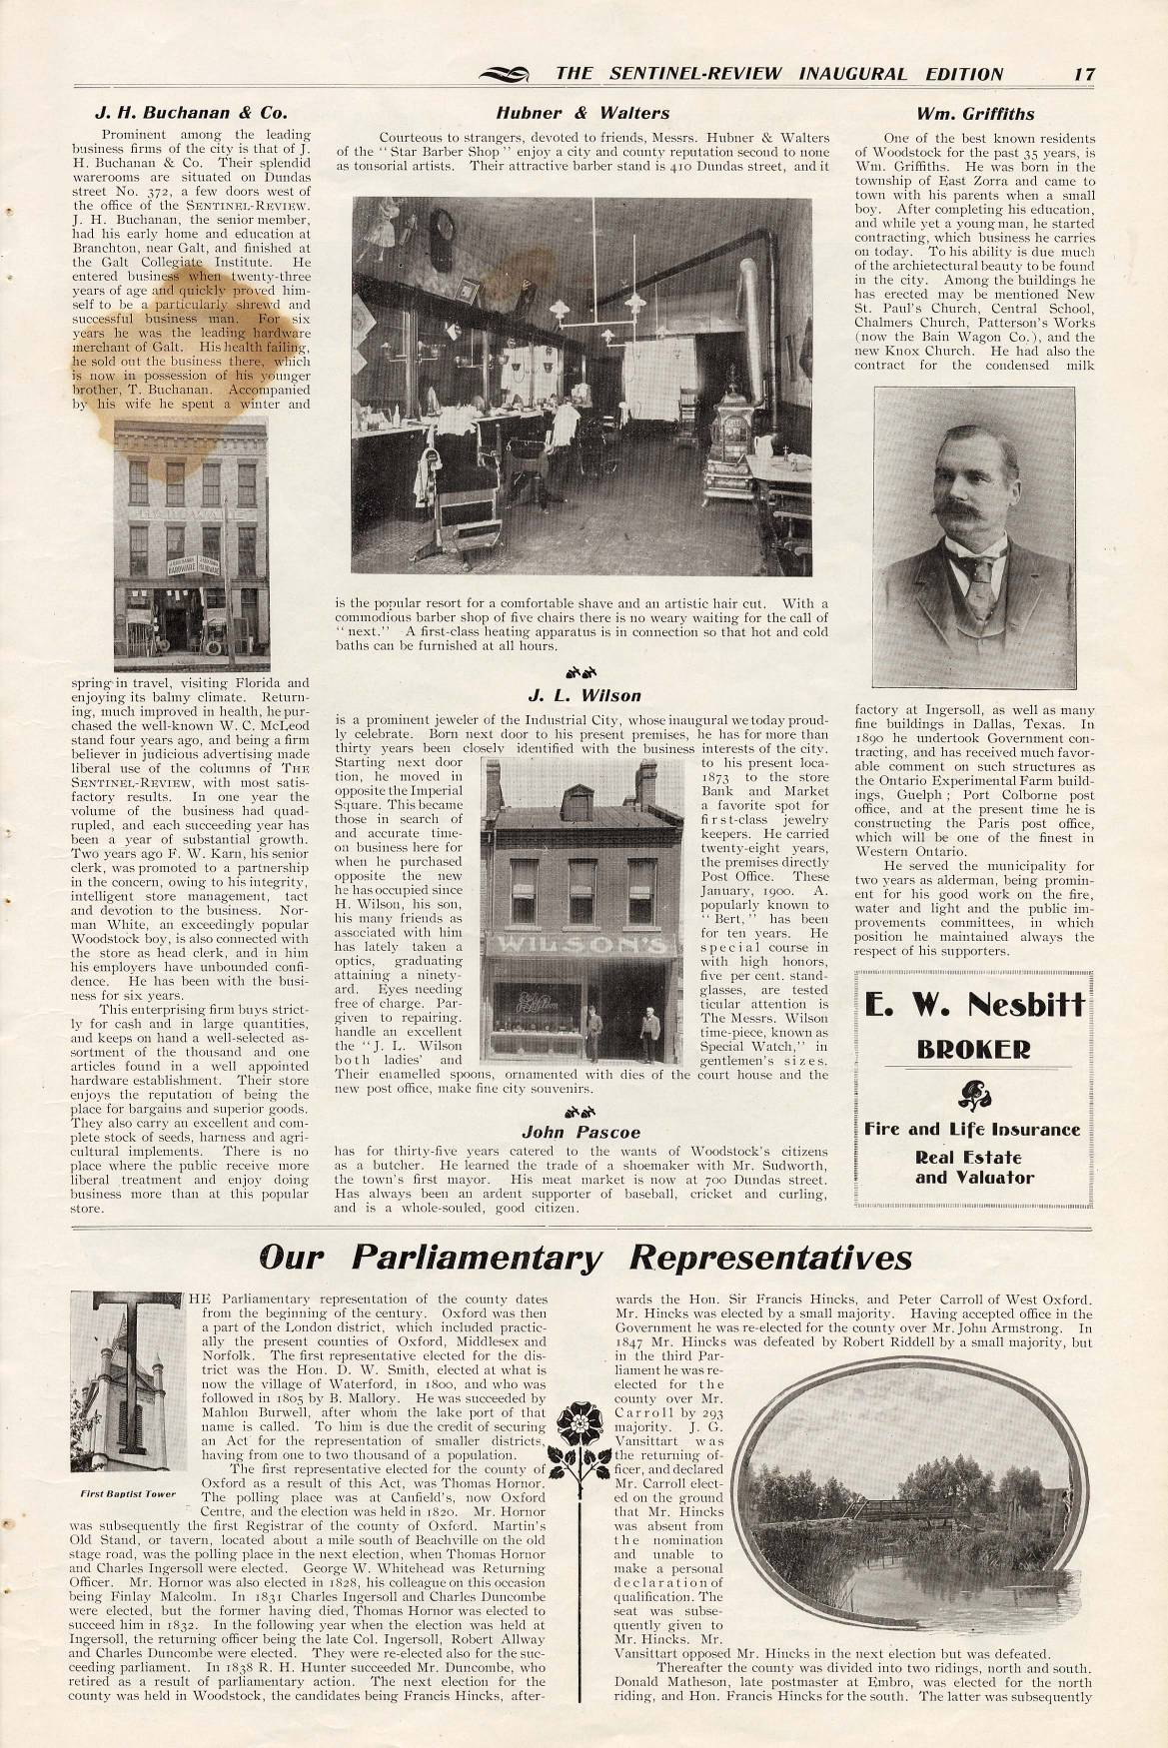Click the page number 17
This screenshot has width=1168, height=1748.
click(x=1086, y=73)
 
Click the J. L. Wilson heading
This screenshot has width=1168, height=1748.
click(x=584, y=695)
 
